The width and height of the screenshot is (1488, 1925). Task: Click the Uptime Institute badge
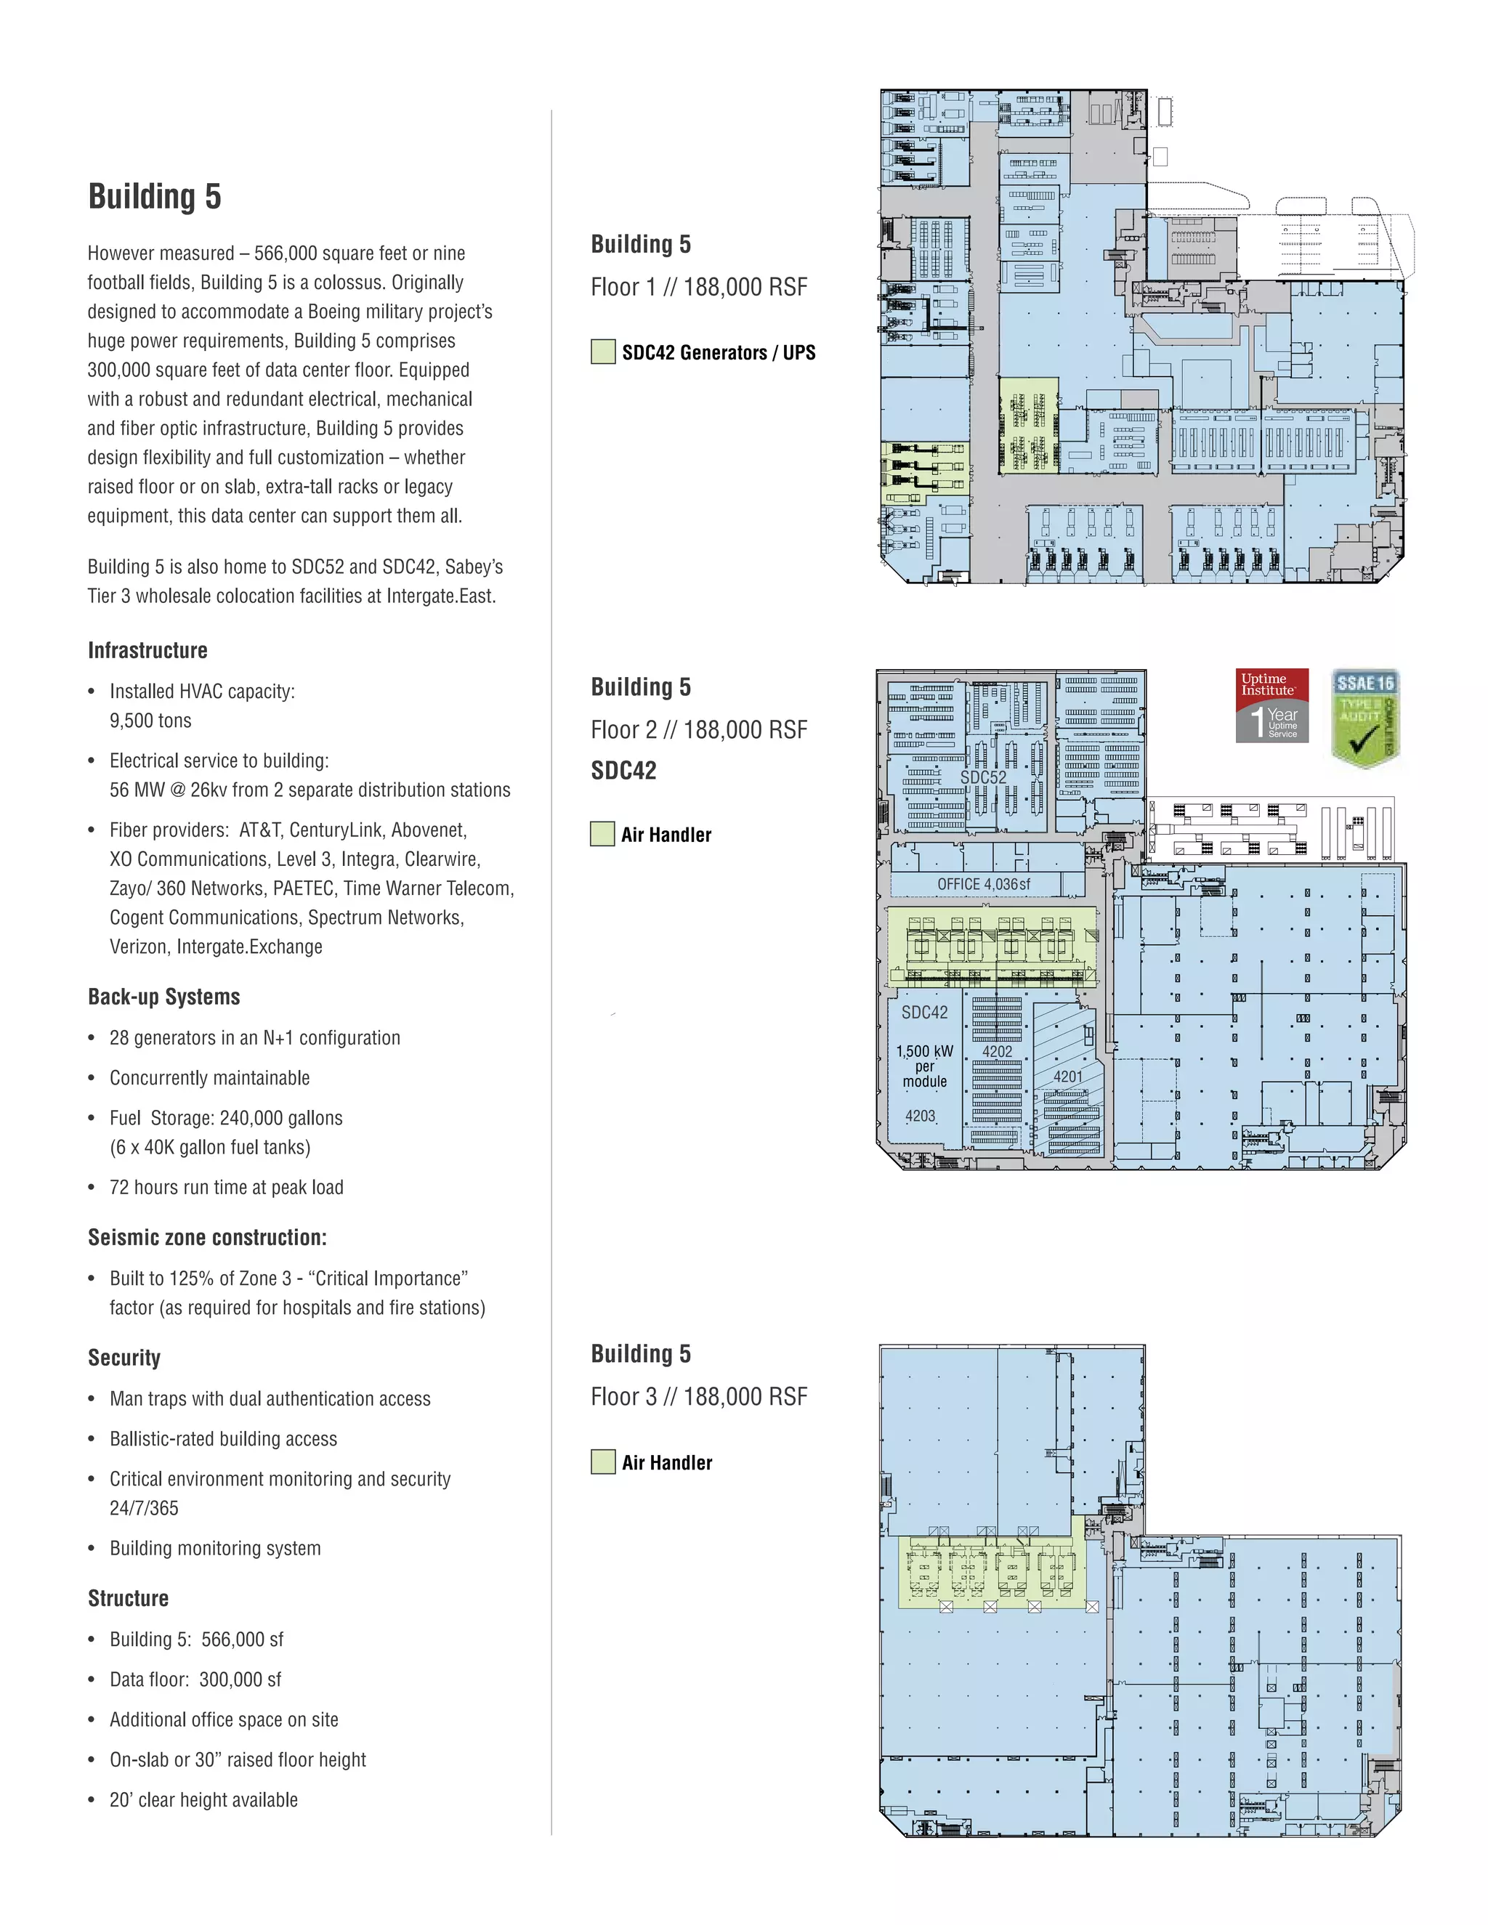point(1271,705)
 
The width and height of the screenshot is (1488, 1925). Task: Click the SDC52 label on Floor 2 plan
point(983,777)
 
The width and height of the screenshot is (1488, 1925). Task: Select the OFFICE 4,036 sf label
point(983,884)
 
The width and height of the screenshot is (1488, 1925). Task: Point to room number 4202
point(997,1052)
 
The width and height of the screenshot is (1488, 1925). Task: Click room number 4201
point(1067,1077)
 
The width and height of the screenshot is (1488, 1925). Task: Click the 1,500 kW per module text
point(925,1066)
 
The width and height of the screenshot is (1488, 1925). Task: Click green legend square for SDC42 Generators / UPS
point(603,352)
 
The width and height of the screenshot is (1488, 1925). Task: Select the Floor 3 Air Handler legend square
point(603,1462)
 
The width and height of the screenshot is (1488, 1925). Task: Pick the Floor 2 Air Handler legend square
point(602,834)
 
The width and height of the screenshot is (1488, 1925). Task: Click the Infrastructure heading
point(147,650)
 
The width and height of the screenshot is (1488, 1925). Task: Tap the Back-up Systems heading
point(164,997)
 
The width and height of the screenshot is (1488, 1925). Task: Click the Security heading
point(124,1358)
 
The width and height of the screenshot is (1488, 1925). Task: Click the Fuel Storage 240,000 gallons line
point(226,1118)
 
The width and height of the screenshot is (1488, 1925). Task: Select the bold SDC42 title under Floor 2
point(623,770)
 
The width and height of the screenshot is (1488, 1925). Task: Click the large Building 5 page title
point(154,195)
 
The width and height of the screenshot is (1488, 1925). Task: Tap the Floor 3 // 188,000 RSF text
point(698,1396)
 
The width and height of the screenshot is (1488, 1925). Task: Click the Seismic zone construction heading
point(207,1238)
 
